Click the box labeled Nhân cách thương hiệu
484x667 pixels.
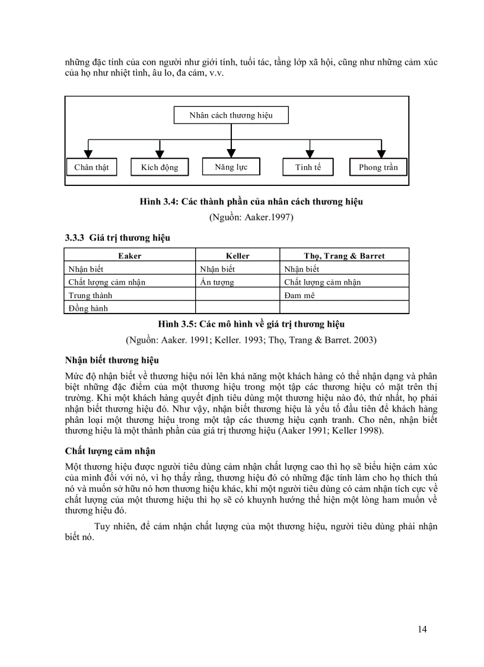click(x=231, y=115)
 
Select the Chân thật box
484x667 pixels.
click(x=91, y=167)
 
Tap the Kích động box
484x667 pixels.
click(x=160, y=167)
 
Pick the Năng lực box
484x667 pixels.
click(x=231, y=167)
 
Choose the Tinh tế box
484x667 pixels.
click(x=308, y=167)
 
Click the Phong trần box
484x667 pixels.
click(x=378, y=167)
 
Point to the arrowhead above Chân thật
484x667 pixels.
click(x=89, y=153)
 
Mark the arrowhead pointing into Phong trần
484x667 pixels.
click(x=381, y=153)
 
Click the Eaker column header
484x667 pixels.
click(x=130, y=256)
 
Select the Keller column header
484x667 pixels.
click(x=238, y=256)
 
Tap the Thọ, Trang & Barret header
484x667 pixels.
click(x=344, y=256)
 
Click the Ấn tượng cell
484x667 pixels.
click(x=217, y=282)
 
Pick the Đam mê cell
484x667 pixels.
click(x=300, y=295)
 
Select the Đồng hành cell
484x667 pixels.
click(x=88, y=308)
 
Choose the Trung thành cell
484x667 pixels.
click(x=90, y=295)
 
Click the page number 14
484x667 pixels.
click(x=422, y=630)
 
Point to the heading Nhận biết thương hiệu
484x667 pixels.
click(x=112, y=360)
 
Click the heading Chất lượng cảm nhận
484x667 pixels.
click(x=110, y=453)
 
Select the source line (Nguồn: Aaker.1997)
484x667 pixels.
click(x=251, y=217)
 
